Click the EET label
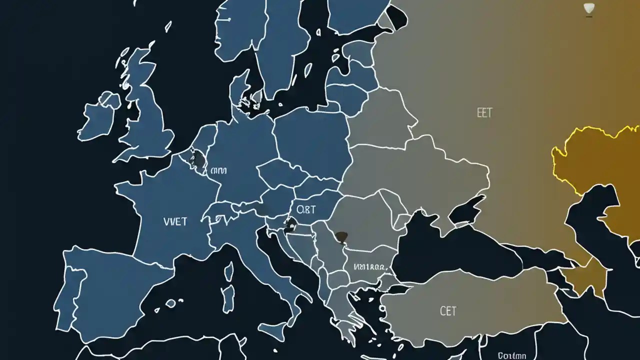484,113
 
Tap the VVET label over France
175,221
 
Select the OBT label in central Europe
306,208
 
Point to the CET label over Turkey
448,311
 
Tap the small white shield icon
589,8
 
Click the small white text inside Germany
219,170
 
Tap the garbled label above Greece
369,267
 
